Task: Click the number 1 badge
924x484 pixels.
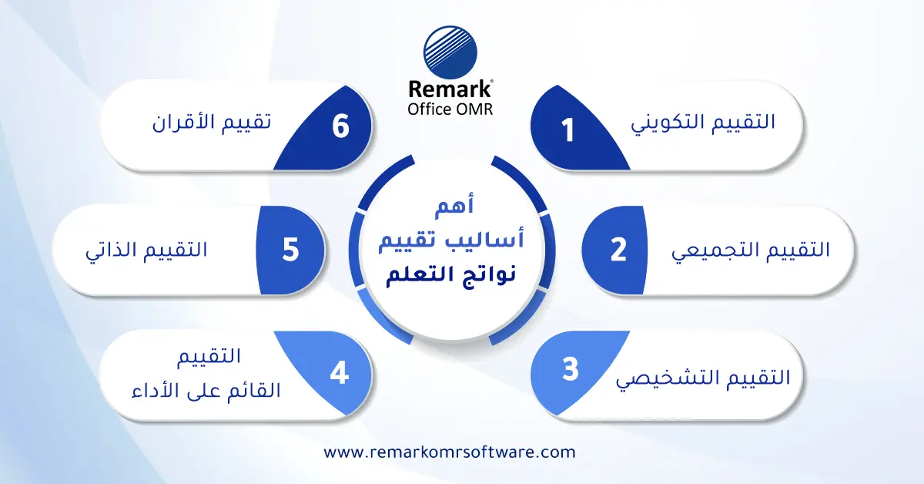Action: [x=568, y=129]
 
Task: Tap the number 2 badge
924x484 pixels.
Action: [x=618, y=250]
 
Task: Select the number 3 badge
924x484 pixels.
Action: [x=569, y=370]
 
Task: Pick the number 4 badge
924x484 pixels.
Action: [x=339, y=373]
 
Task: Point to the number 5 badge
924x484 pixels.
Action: [x=290, y=250]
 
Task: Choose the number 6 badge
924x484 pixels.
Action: [x=340, y=126]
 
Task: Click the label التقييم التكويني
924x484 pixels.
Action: [x=703, y=123]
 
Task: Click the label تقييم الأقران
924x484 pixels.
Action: [x=213, y=123]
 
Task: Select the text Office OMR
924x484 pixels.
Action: [x=450, y=109]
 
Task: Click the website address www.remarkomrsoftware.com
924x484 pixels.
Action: [x=449, y=452]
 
